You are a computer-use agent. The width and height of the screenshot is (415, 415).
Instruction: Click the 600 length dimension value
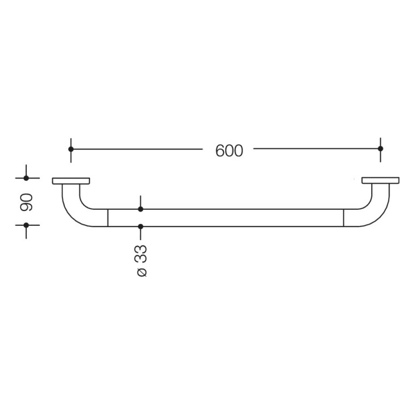pos(229,151)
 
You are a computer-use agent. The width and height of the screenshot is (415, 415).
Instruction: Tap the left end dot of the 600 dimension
pos(71,149)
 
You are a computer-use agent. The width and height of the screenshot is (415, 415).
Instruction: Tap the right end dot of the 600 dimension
pos(381,149)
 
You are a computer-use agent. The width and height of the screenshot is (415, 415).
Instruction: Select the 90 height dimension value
pos(26,202)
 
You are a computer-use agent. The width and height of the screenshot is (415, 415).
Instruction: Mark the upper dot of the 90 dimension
pos(26,178)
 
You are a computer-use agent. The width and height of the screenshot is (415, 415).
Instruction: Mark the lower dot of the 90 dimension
pos(26,225)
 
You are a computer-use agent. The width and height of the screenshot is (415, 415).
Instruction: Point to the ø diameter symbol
pos(141,272)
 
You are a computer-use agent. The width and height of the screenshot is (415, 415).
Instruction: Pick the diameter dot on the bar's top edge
pos(141,209)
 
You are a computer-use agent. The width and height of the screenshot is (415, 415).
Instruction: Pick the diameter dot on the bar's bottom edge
pos(141,226)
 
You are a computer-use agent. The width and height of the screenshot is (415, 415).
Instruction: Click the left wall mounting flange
pos(71,181)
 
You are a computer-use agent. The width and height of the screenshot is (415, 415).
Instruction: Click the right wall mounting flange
pos(380,181)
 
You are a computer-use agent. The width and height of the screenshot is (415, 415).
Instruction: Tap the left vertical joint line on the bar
pos(108,218)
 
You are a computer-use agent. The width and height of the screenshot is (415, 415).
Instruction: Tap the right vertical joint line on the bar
pos(343,218)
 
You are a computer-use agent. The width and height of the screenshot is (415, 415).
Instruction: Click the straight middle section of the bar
pos(237,218)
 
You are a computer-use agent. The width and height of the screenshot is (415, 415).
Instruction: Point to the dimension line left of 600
pos(136,149)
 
